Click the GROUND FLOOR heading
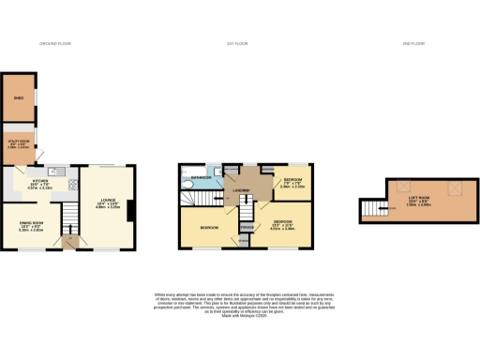tap(55, 44)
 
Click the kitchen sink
tap(56, 171)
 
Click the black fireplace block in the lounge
tap(131, 207)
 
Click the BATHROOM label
tap(202, 176)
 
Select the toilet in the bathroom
tap(187, 186)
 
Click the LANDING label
tap(238, 191)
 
